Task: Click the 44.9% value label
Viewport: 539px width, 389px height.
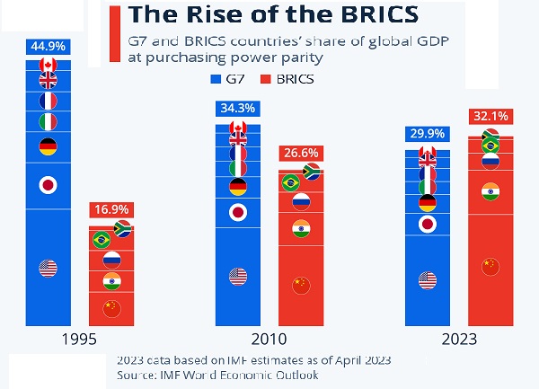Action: pos(48,45)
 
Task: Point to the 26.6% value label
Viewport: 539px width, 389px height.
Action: pos(301,152)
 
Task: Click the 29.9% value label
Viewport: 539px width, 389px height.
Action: pos(428,135)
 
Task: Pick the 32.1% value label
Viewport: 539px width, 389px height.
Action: pos(490,117)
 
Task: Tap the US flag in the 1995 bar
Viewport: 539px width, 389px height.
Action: pos(48,268)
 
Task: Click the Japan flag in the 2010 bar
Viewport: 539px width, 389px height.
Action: pos(238,213)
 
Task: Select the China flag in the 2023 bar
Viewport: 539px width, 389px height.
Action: pos(490,267)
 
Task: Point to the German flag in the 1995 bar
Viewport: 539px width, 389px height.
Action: pos(48,146)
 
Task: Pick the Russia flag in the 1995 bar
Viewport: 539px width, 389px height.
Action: pos(111,261)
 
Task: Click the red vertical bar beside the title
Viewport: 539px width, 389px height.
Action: pos(113,33)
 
